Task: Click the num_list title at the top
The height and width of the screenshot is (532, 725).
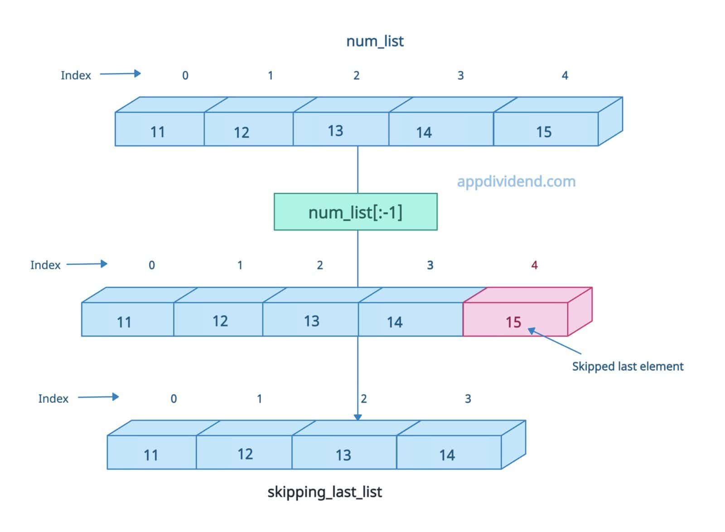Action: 375,41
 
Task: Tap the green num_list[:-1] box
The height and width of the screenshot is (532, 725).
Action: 356,212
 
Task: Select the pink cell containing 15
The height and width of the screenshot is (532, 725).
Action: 515,319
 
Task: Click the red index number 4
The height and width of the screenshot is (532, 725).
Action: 534,265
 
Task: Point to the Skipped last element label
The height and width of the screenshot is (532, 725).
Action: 628,366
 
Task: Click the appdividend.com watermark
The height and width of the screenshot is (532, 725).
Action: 516,181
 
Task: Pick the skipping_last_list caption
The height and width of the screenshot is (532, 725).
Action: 324,492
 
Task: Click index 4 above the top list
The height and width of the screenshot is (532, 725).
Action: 565,75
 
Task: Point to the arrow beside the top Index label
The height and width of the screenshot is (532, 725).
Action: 120,73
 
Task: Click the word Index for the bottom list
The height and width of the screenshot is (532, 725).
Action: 53,399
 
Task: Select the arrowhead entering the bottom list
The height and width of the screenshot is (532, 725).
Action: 358,417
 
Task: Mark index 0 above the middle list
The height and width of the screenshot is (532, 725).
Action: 152,265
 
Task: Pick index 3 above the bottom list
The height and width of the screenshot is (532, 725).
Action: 468,399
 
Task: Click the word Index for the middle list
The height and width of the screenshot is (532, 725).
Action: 45,265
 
